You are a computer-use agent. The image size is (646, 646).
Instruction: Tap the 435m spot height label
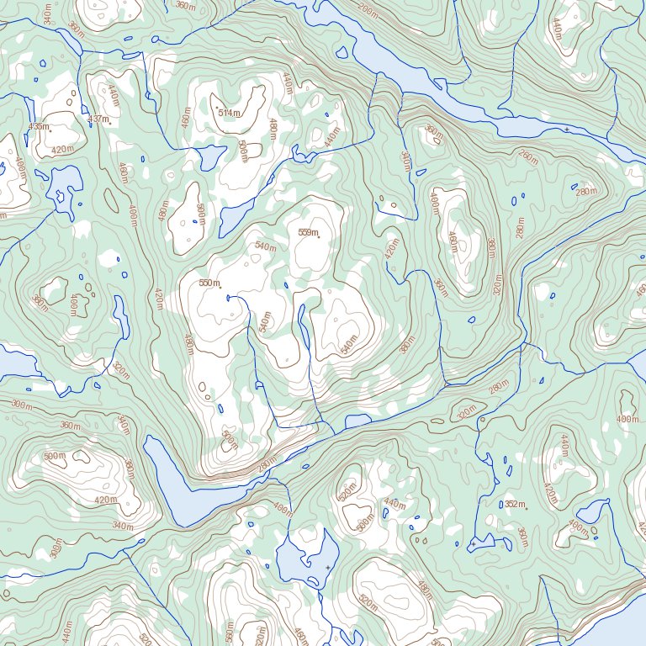pos(38,126)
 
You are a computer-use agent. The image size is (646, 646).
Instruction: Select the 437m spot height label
pos(98,119)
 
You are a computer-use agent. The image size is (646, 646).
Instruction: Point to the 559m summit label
pos(309,233)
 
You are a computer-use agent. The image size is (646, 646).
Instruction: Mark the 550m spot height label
pos(209,283)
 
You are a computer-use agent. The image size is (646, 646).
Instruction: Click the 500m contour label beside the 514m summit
pos(243,151)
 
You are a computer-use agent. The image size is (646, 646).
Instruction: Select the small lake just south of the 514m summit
pos(209,156)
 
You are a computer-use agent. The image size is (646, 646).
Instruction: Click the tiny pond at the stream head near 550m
pos(228,298)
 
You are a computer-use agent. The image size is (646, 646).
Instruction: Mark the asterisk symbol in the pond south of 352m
pos(473,544)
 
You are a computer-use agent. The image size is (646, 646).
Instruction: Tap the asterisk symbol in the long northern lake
pos(567,130)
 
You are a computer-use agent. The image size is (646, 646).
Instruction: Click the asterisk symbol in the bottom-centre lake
pos(328,569)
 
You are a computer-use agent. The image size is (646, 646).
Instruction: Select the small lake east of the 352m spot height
pos(592,511)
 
